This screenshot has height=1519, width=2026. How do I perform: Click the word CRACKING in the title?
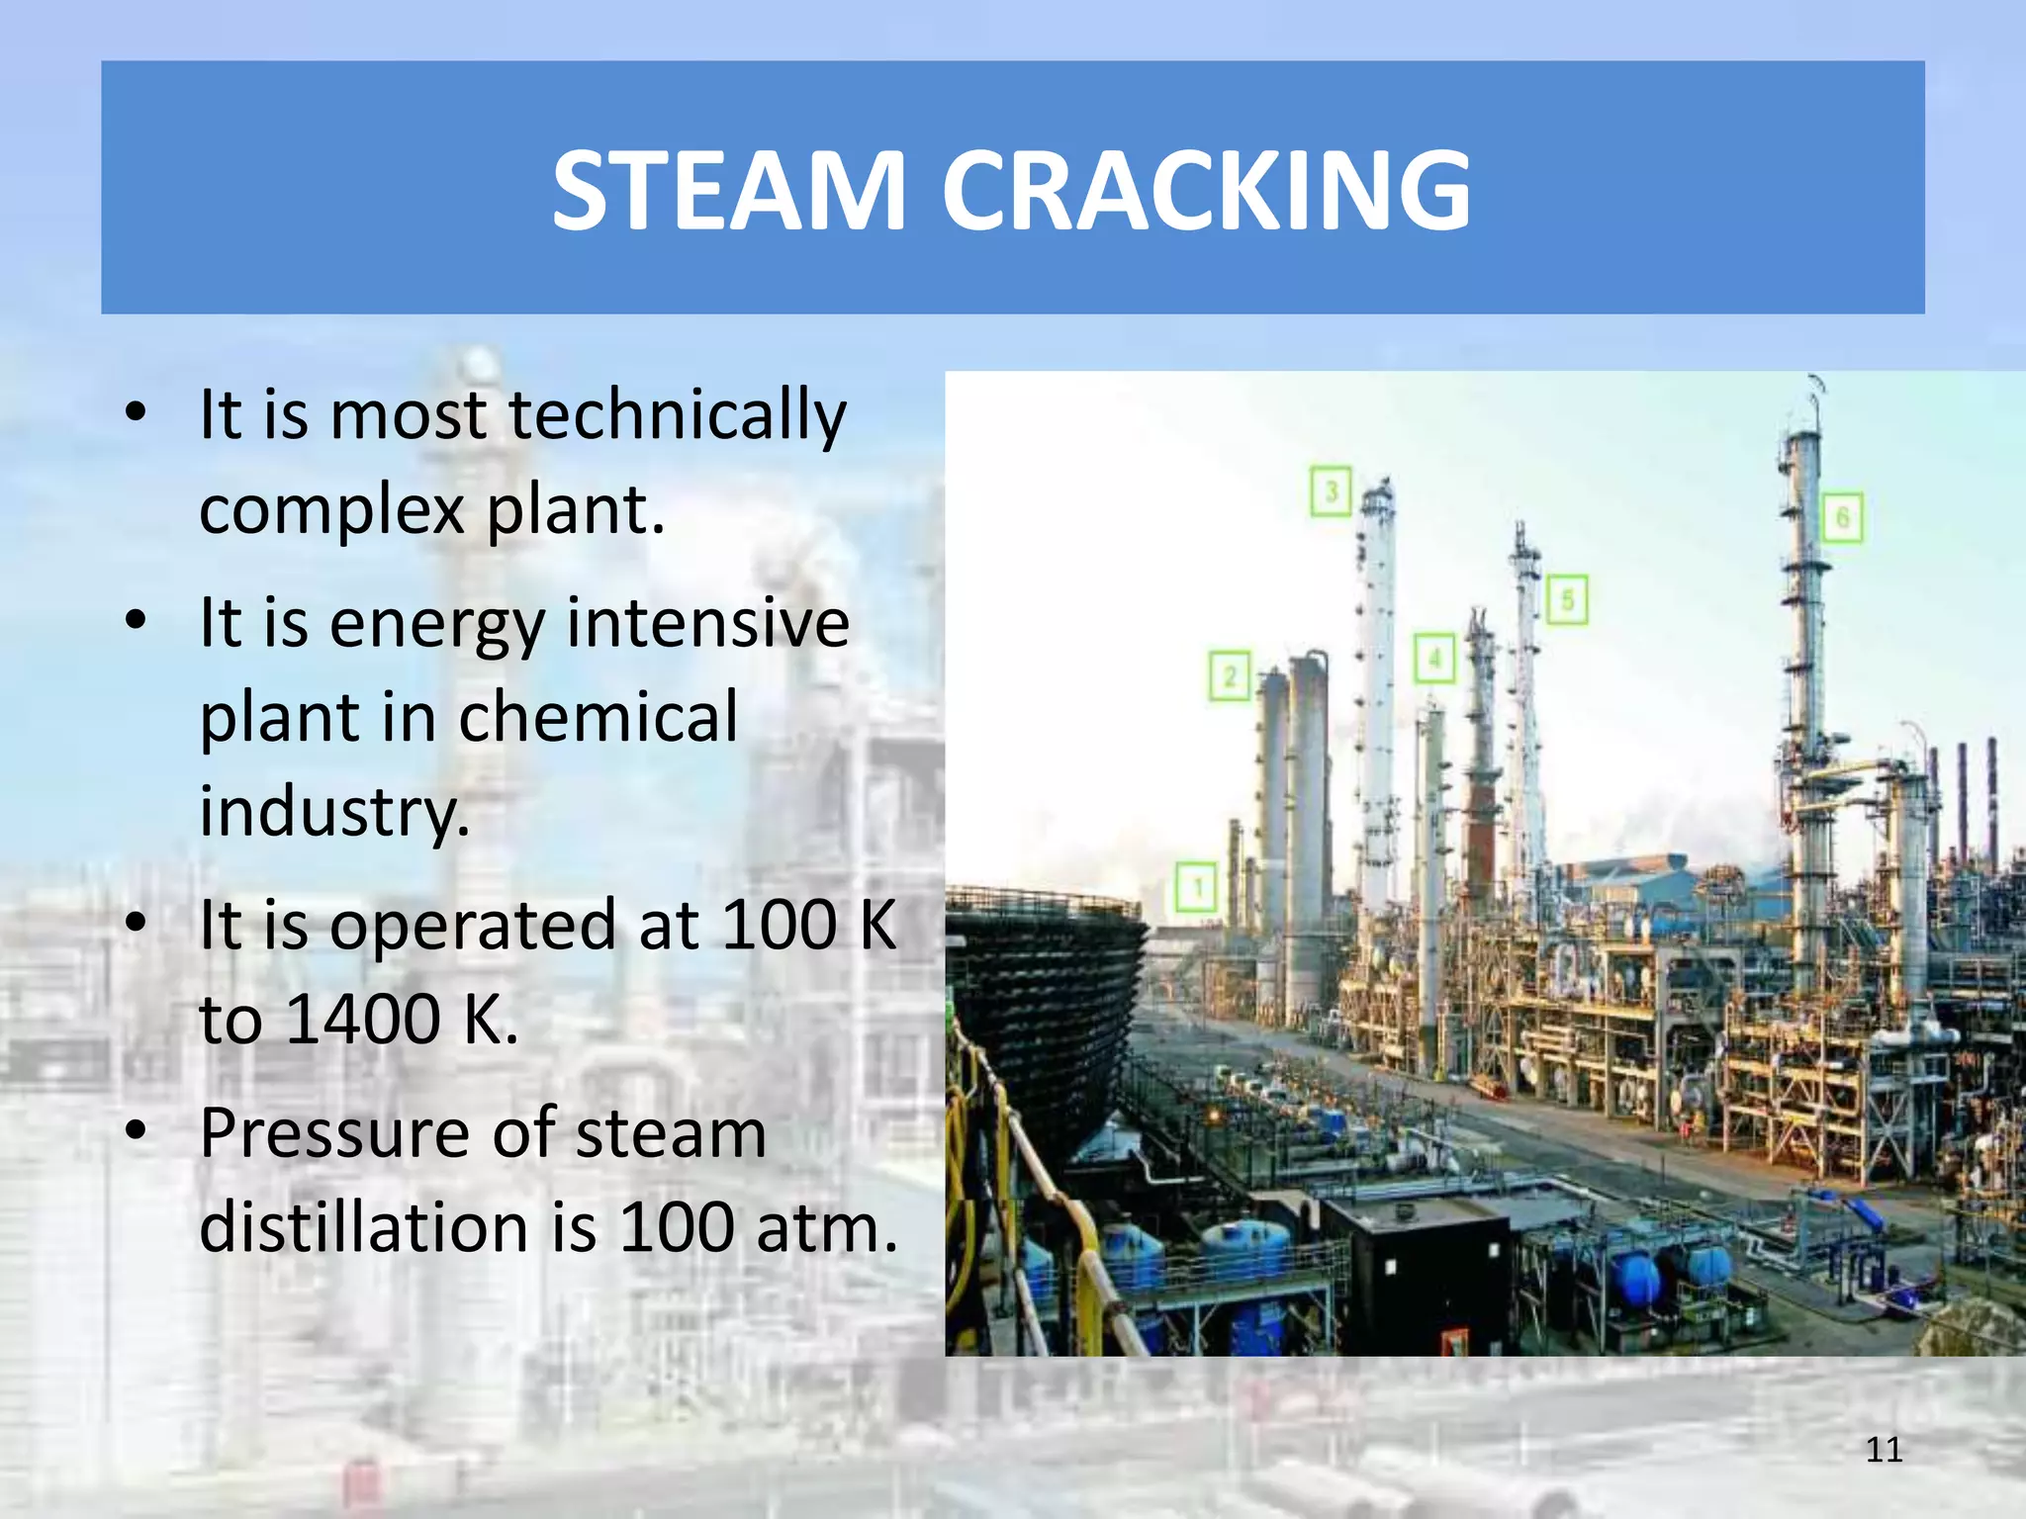(1206, 190)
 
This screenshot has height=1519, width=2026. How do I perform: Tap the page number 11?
(1884, 1450)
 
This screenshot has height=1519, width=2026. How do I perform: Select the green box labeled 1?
(1197, 886)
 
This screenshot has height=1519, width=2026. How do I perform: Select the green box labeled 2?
(1230, 676)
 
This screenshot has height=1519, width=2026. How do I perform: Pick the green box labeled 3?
(1332, 491)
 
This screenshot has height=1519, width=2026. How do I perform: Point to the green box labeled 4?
(1434, 658)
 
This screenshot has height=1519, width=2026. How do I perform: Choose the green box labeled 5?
(1567, 599)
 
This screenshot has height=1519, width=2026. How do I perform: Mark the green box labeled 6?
(1842, 517)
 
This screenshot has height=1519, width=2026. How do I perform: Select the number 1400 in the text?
(362, 1020)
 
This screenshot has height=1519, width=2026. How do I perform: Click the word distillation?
(364, 1228)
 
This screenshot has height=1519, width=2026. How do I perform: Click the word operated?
(473, 926)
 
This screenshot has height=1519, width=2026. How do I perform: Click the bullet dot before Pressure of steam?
(137, 1130)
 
